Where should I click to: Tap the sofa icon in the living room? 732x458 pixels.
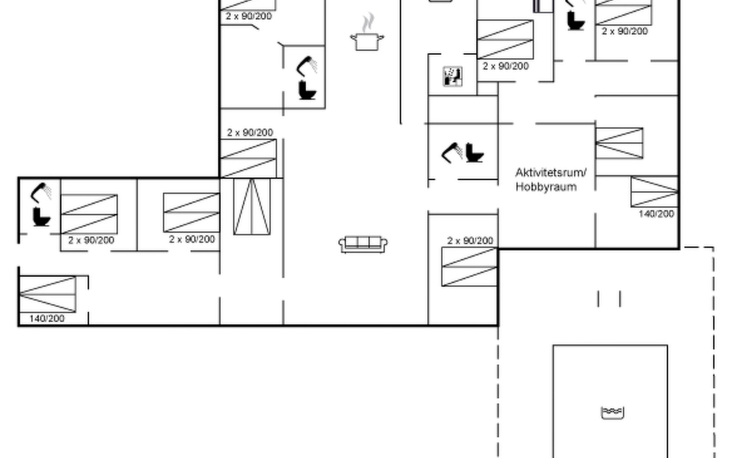click(363, 244)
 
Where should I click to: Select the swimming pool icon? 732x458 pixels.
click(612, 413)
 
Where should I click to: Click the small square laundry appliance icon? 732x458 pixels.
click(453, 76)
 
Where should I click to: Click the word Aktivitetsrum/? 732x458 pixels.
click(551, 173)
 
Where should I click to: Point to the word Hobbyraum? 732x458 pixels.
click(546, 187)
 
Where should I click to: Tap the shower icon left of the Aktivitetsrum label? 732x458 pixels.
click(451, 153)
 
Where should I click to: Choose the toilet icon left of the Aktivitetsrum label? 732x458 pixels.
click(474, 153)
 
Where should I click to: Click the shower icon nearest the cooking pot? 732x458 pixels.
click(307, 66)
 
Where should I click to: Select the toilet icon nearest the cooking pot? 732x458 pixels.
click(307, 90)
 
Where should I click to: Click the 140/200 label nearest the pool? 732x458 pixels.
click(656, 214)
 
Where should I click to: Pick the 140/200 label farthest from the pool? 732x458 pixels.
click(47, 319)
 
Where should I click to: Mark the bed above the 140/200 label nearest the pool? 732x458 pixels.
click(654, 192)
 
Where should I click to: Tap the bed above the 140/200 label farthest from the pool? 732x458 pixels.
click(47, 294)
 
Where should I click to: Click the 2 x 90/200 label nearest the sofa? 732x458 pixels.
click(470, 241)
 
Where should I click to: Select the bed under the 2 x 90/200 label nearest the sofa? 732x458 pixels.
click(469, 267)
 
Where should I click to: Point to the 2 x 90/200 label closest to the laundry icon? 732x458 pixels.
click(506, 66)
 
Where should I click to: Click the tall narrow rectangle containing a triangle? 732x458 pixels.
click(252, 206)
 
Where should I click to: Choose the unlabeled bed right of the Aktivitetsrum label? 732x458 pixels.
click(619, 143)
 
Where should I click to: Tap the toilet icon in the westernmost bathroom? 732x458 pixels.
click(41, 217)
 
